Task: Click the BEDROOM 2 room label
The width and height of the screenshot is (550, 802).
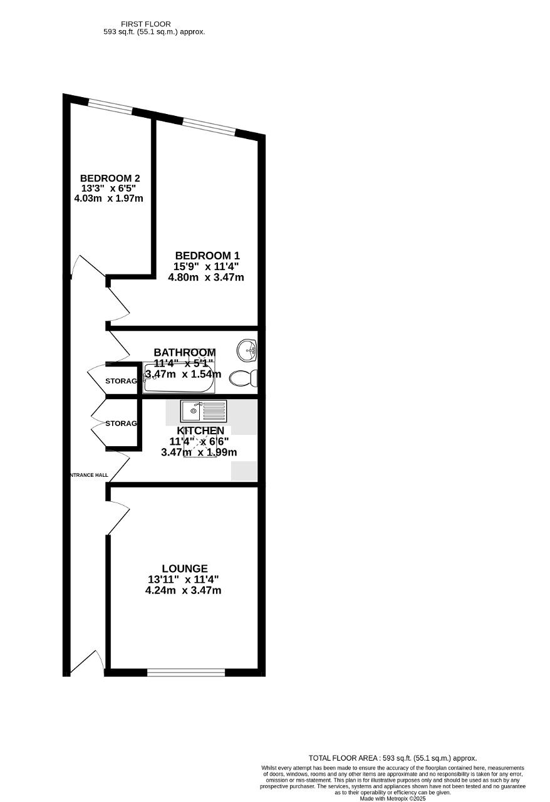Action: pos(110,178)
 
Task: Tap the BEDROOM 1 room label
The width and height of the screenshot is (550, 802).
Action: pos(207,256)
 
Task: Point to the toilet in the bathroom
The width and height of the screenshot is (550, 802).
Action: pos(243,378)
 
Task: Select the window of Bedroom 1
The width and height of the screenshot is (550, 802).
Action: pos(209,127)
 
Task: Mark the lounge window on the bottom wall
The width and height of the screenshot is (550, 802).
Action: pos(186,672)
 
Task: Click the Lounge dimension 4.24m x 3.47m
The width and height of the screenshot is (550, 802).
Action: pos(183,590)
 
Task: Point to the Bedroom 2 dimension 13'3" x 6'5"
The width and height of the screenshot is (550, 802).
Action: pos(109,188)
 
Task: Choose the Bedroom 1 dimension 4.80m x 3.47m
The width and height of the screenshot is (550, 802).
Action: pos(206,277)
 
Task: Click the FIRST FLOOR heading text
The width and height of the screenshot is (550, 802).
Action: pos(146,24)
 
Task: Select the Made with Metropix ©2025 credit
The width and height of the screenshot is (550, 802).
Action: pos(393,798)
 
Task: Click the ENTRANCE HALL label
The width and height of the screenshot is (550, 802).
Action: pos(89,475)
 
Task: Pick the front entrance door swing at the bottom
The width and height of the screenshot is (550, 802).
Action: pos(88,663)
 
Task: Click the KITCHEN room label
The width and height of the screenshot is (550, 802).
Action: pos(200,430)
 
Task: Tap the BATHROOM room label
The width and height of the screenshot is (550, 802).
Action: pos(185,352)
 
